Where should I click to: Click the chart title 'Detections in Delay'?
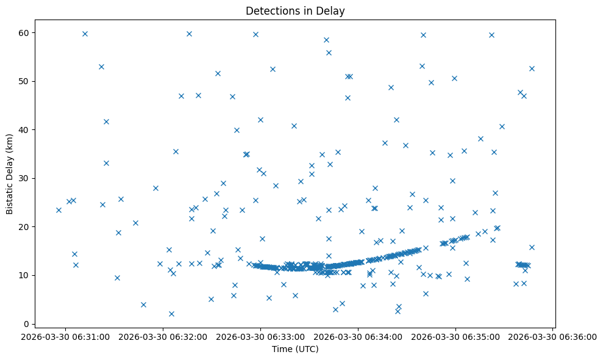pos(295,10)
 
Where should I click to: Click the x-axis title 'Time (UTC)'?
pos(295,350)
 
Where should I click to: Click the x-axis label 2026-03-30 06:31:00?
pos(66,336)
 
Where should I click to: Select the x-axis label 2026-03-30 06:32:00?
pos(163,336)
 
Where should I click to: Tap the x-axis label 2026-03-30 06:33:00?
pos(261,336)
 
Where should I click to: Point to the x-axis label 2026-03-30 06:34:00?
pos(359,336)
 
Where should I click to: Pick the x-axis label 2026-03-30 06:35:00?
pos(455,336)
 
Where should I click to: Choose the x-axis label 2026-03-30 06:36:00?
pos(553,336)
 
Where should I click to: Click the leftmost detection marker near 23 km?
pos(59,210)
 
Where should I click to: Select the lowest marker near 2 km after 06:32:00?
pos(171,314)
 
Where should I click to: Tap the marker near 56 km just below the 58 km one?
pos(329,52)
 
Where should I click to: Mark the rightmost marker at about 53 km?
pos(532,68)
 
